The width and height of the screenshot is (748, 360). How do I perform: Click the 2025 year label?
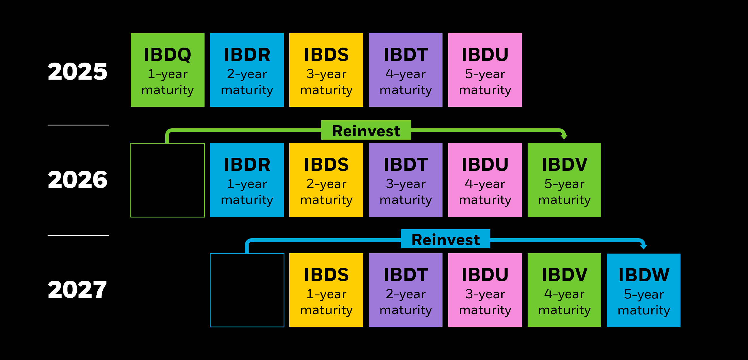(78, 72)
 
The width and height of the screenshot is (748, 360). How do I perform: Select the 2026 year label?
(78, 180)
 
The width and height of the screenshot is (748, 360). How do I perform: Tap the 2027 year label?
(78, 289)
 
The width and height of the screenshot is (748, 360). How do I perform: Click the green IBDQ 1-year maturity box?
(168, 70)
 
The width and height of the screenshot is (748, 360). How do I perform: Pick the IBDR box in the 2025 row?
(247, 70)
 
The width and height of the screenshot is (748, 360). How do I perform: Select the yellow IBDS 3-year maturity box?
(326, 70)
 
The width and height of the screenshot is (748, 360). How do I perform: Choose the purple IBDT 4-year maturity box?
(406, 70)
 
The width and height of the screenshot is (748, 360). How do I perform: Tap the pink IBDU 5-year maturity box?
(485, 70)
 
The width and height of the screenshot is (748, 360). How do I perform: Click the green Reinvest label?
(366, 130)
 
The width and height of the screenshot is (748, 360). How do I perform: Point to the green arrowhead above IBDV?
(564, 136)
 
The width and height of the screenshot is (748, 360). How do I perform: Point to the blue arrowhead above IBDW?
(644, 246)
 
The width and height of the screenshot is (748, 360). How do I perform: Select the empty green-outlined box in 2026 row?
(168, 180)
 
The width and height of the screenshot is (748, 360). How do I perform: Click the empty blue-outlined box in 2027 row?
(247, 290)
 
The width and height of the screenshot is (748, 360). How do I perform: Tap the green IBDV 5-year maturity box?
(564, 180)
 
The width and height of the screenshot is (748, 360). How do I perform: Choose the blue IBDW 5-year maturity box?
(644, 290)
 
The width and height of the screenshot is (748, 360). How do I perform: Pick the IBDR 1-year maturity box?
(247, 180)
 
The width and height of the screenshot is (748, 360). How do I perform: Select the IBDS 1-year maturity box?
(326, 290)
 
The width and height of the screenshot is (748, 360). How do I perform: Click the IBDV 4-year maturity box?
(564, 290)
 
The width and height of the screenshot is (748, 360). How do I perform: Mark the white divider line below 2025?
(78, 125)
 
